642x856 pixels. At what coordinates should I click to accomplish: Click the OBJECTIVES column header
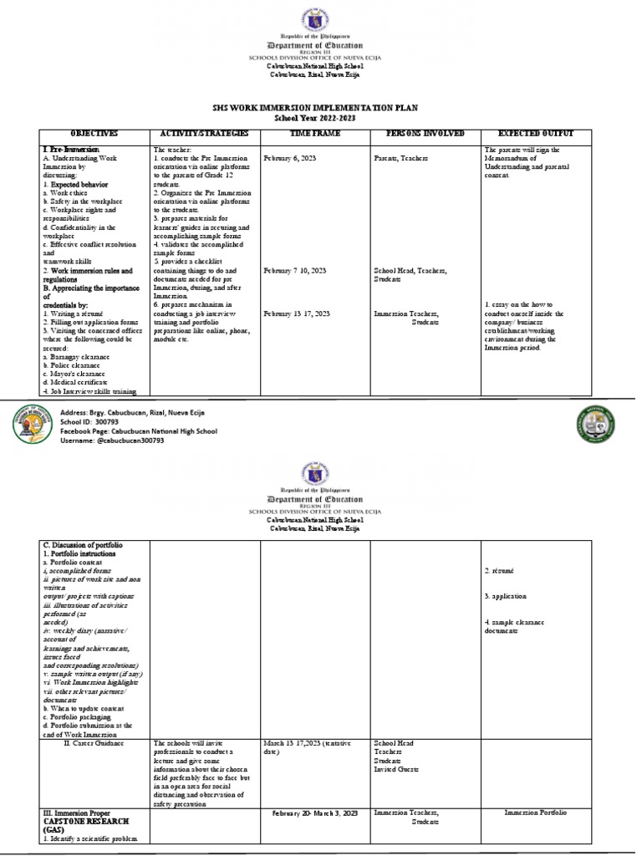[94, 134]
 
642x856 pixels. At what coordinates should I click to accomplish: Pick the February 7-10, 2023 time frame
[295, 272]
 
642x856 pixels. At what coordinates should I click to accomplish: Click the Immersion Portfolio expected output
[537, 813]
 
